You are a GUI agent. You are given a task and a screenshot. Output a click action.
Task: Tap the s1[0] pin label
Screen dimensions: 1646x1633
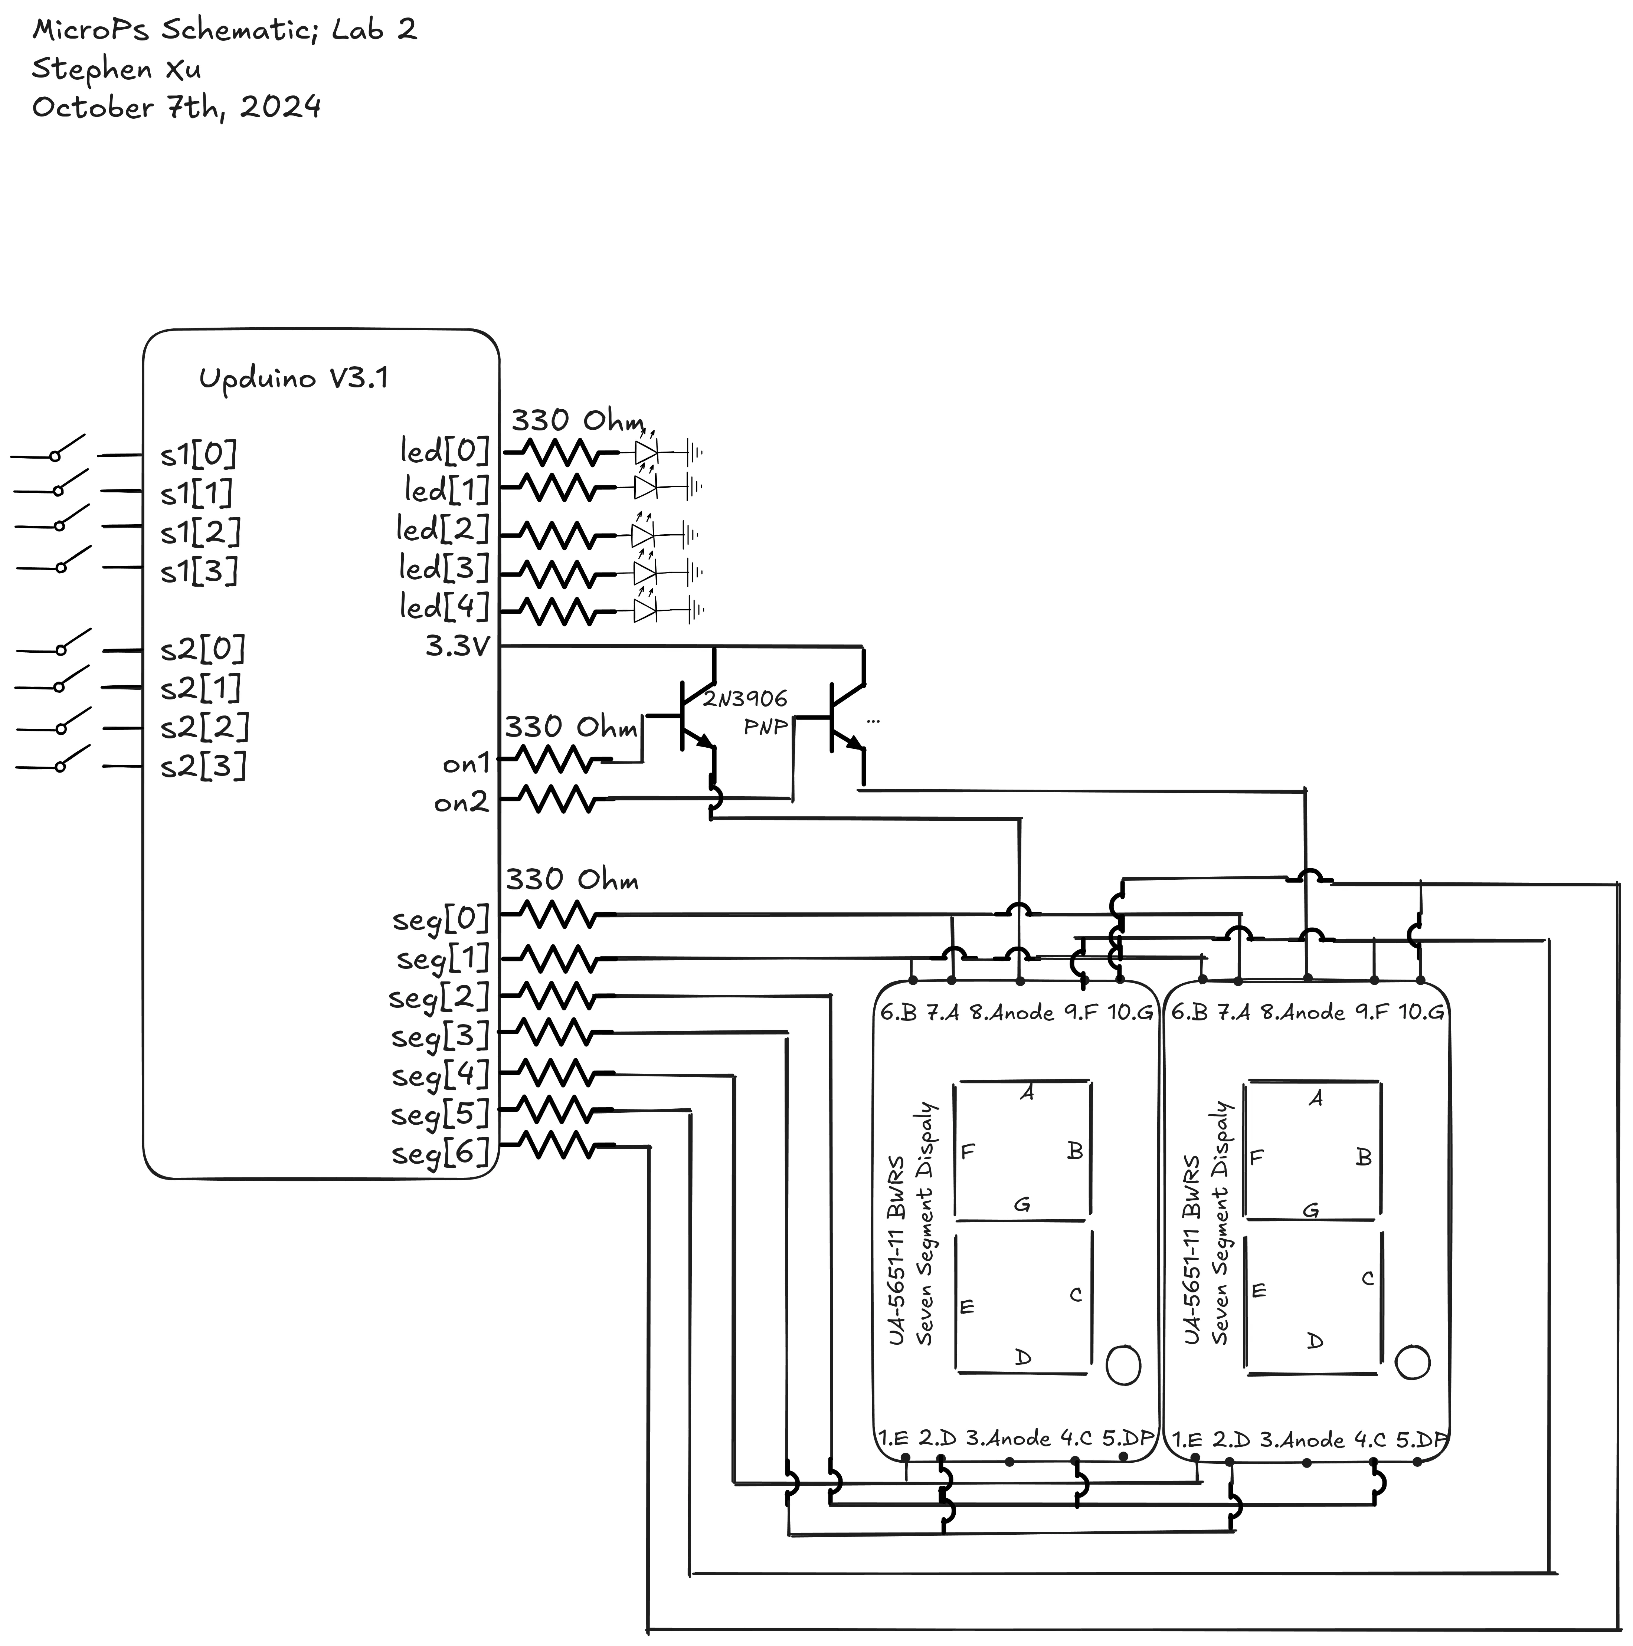coord(198,455)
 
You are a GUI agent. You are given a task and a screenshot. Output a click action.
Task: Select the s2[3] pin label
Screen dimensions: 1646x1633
coord(203,767)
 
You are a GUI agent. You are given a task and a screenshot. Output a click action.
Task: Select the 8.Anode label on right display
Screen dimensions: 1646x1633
coord(1302,1012)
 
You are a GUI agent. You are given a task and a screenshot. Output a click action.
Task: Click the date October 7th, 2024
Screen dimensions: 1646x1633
coord(176,107)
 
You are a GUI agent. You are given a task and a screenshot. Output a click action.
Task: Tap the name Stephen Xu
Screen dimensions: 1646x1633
coord(117,69)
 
